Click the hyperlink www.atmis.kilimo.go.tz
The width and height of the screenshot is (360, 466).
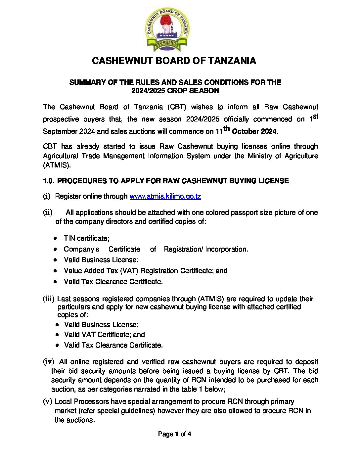(165, 196)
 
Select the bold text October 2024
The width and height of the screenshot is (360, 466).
(254, 131)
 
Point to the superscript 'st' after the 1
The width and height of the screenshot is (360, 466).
(315, 116)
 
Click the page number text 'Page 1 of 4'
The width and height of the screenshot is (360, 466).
(174, 434)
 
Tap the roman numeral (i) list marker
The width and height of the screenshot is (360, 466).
(46, 196)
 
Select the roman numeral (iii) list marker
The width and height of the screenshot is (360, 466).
(48, 299)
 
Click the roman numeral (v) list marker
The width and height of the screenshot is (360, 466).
(48, 401)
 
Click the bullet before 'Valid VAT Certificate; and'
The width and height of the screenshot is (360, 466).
(58, 335)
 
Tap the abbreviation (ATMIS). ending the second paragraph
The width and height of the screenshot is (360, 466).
(57, 165)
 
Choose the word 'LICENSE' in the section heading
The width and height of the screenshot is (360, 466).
(275, 181)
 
